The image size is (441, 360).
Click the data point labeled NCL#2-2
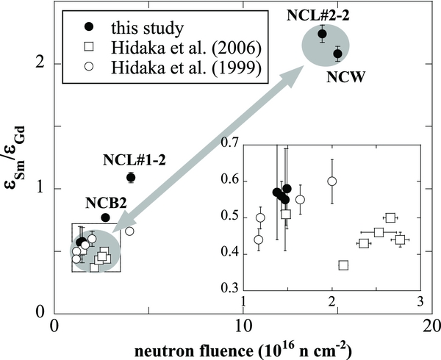click(x=322, y=34)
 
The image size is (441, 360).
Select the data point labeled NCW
click(x=337, y=54)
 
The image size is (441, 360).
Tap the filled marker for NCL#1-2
click(x=131, y=177)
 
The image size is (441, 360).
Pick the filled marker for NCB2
click(x=105, y=217)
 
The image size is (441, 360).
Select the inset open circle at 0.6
click(x=331, y=181)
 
